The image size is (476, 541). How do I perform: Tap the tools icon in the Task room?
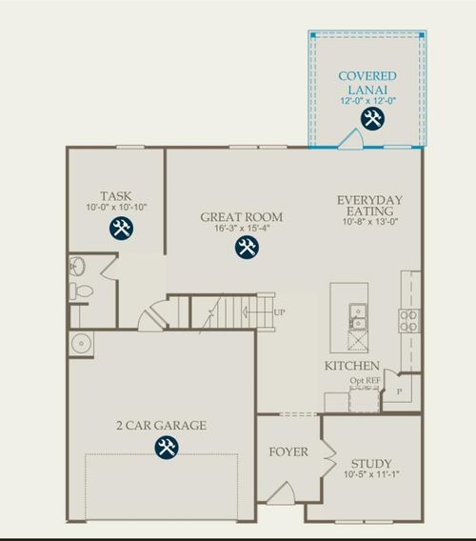coord(121,228)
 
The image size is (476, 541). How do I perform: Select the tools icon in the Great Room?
coord(247,248)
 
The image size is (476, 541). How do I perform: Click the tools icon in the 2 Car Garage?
coord(167,448)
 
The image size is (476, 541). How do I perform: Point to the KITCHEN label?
coord(352,366)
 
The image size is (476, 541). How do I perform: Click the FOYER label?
coord(288,451)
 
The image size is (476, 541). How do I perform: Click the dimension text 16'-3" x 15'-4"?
coord(237,229)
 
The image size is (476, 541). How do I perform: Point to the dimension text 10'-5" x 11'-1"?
coord(371,474)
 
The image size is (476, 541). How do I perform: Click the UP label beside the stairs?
coord(279,312)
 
